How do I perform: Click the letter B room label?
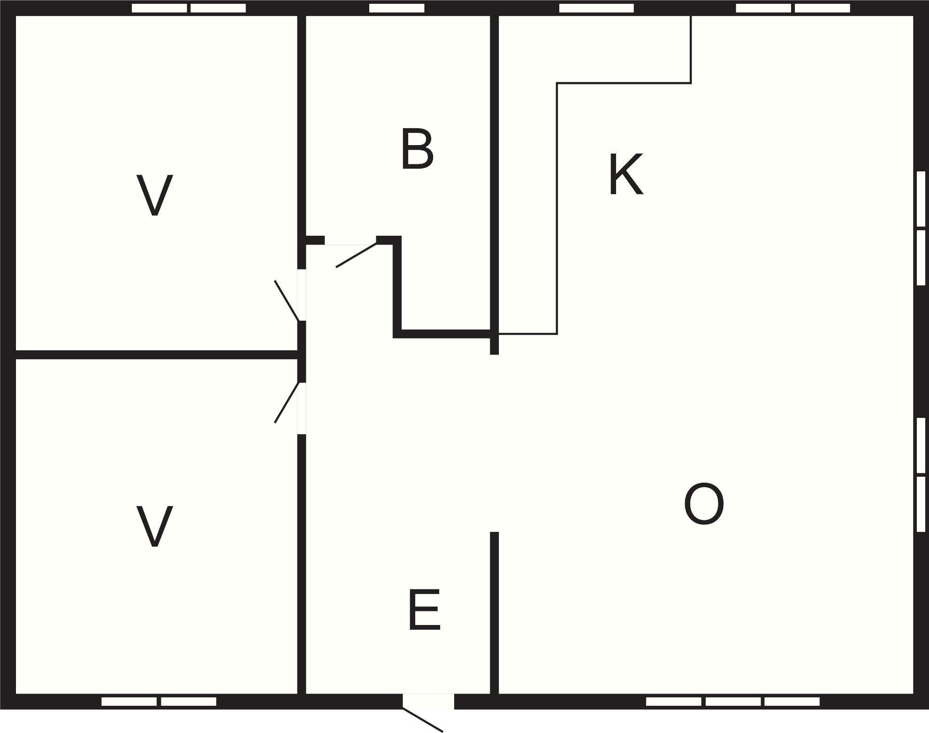(417, 149)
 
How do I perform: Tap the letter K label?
(625, 174)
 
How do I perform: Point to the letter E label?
(424, 610)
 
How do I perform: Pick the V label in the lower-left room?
(154, 526)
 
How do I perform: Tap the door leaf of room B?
(356, 255)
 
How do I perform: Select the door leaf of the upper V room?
(287, 301)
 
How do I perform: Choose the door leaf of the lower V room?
(287, 402)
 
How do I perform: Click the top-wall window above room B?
(396, 8)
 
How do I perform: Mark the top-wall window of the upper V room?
(189, 8)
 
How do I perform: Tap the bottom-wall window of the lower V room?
(159, 702)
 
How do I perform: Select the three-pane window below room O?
(732, 702)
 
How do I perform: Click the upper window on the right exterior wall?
(921, 228)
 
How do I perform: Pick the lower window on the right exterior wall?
(921, 474)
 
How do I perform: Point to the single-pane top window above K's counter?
(596, 8)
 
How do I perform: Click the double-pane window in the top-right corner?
(793, 8)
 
